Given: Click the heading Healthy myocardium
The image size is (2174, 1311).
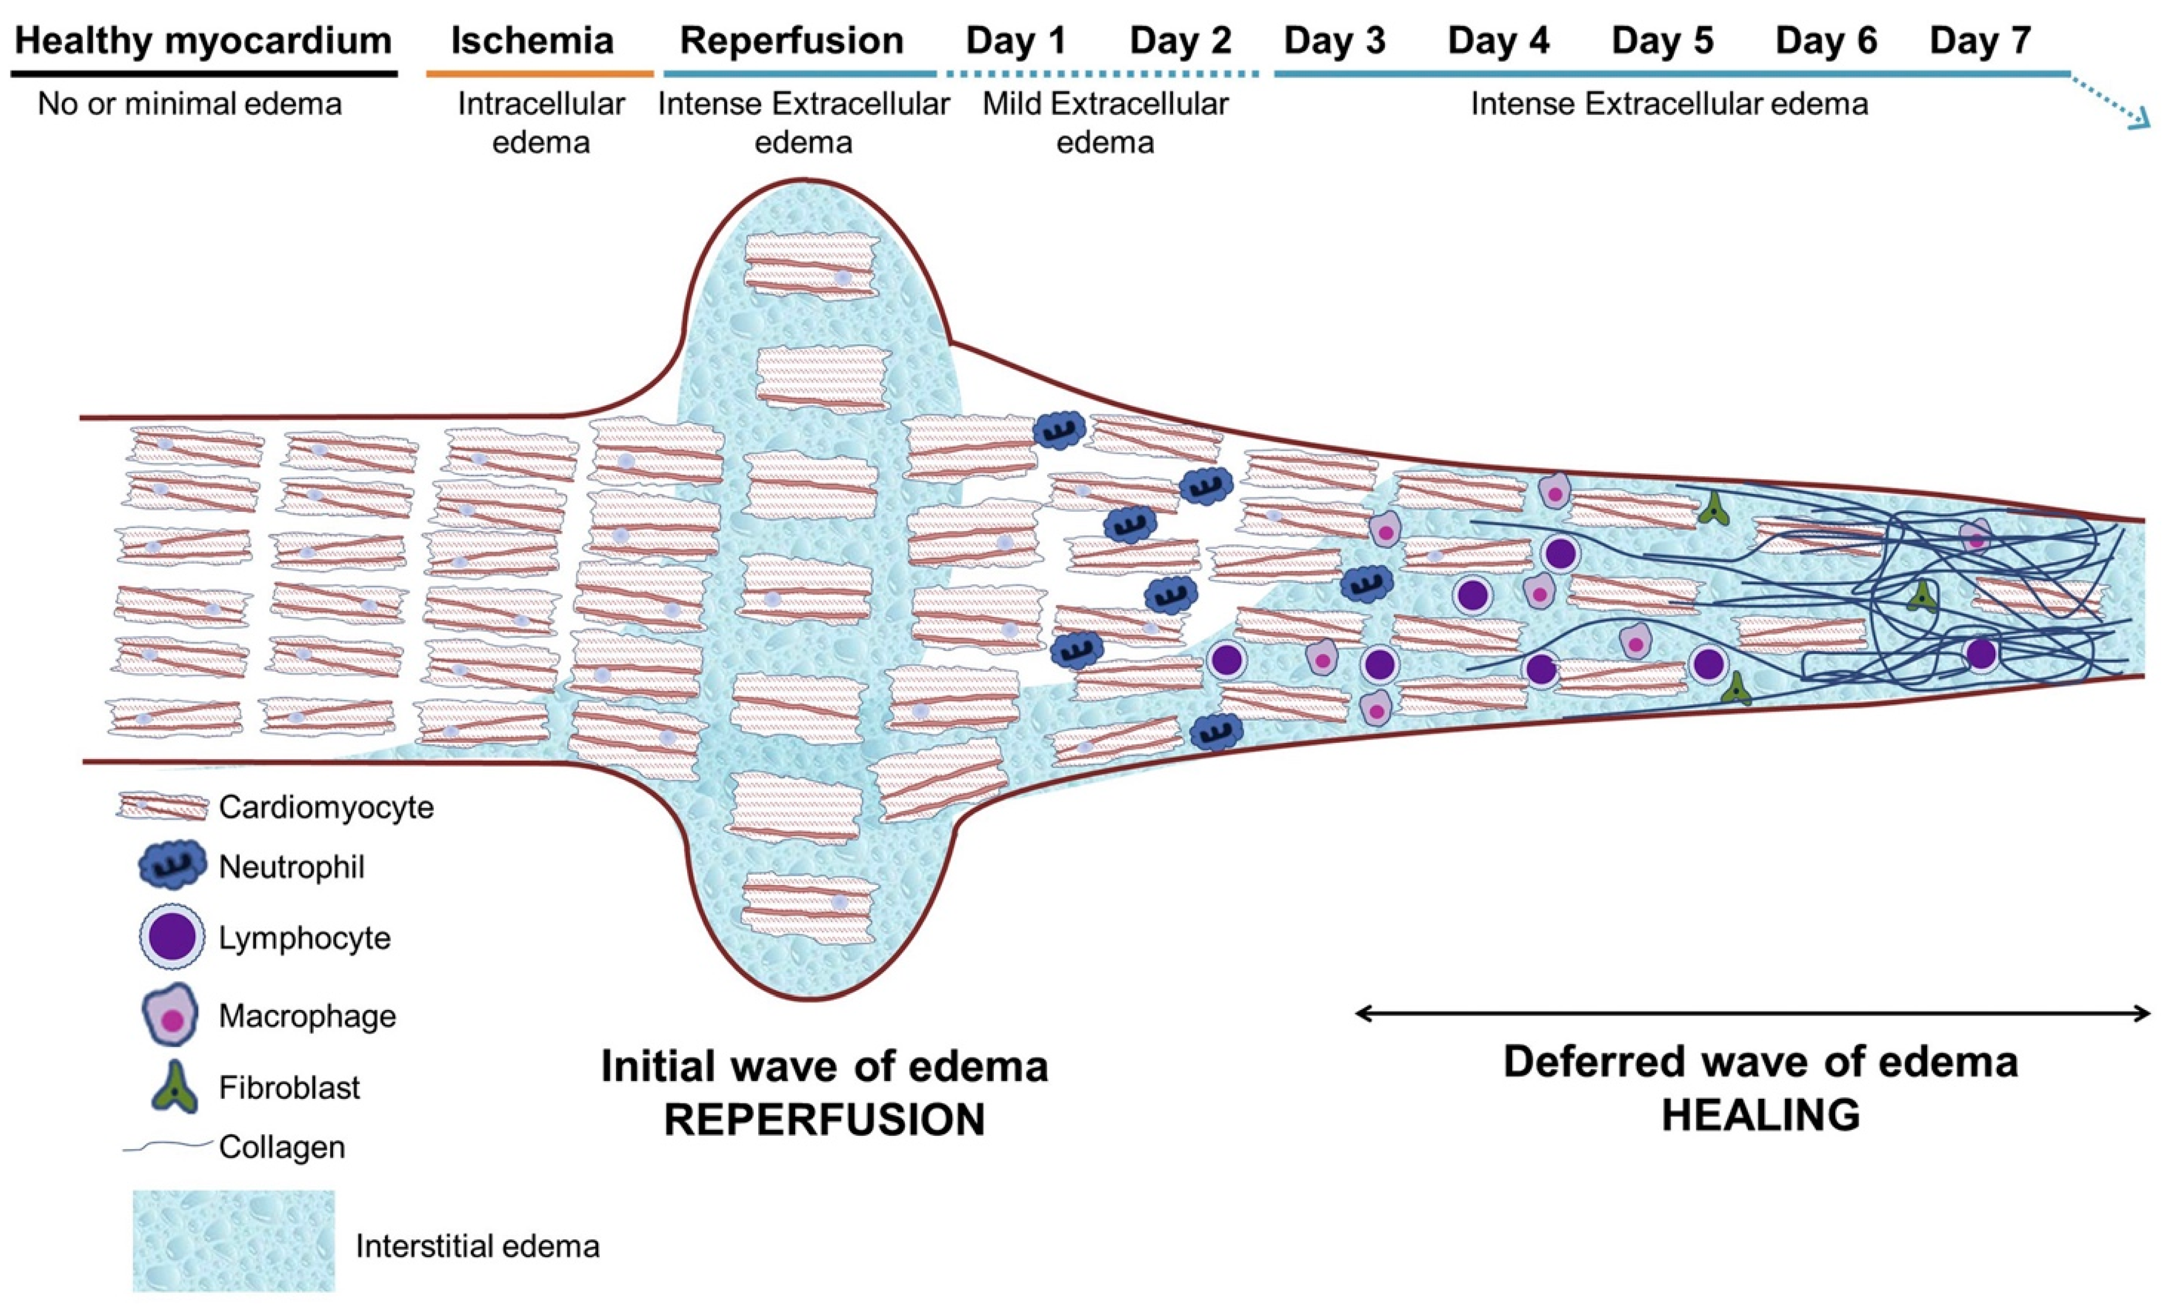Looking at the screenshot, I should pyautogui.click(x=203, y=41).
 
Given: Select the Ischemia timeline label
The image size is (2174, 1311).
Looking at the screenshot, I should pyautogui.click(x=532, y=41).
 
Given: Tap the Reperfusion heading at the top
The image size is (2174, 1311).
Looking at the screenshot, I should pyautogui.click(x=791, y=41).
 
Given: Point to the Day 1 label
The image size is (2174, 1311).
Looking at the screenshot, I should pyautogui.click(x=1016, y=41).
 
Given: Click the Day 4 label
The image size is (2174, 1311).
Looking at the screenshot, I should pyautogui.click(x=1498, y=41).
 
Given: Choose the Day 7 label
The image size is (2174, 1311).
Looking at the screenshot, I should pyautogui.click(x=1980, y=41).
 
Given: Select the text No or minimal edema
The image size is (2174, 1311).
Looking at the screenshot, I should pyautogui.click(x=190, y=104).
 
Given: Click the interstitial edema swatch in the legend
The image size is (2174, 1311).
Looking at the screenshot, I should pyautogui.click(x=234, y=1240).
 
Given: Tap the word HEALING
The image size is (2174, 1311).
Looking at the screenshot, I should pyautogui.click(x=1760, y=1115).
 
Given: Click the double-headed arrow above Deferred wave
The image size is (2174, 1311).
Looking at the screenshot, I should pyautogui.click(x=1751, y=1013).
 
